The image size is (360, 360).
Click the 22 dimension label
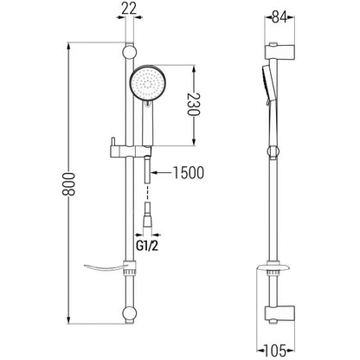click(x=129, y=9)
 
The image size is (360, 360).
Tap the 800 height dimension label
click(x=68, y=184)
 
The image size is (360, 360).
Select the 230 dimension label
click(x=194, y=104)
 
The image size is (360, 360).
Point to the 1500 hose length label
click(x=189, y=172)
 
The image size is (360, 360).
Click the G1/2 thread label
click(x=147, y=246)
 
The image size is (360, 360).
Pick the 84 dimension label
click(x=280, y=18)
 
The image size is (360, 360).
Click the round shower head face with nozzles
click(x=147, y=82)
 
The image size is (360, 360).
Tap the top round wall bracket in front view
click(x=129, y=52)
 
